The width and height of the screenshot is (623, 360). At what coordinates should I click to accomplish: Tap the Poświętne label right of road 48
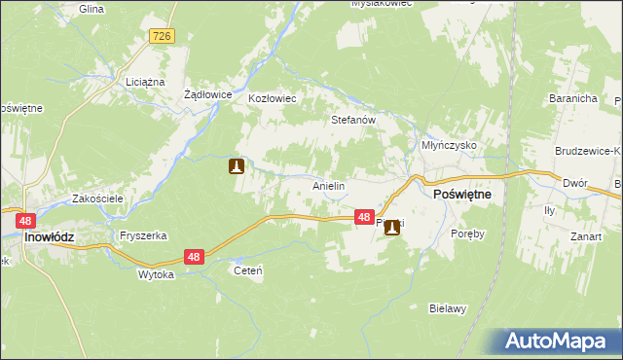point(460,195)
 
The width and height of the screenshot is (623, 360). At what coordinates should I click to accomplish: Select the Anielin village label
point(329,185)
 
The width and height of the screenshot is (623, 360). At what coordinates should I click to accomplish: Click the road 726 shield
point(162,36)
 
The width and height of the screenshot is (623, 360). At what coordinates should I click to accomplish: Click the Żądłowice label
point(206,95)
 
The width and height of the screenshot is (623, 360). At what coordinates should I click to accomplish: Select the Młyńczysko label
point(448,144)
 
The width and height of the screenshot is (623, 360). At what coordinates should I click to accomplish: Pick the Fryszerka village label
point(143,235)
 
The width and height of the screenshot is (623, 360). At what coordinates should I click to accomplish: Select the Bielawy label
point(449,308)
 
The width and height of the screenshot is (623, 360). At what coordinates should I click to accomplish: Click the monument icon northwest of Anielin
point(236,166)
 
